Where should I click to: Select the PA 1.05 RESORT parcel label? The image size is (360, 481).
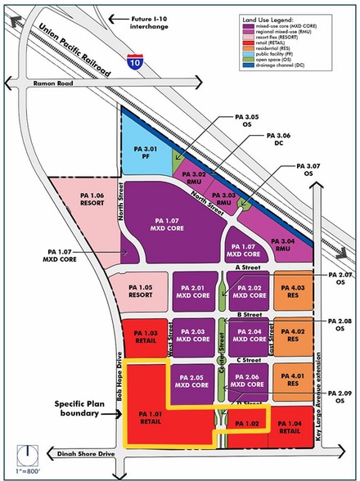pos(139,292)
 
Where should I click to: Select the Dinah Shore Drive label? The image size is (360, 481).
pos(79,453)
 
